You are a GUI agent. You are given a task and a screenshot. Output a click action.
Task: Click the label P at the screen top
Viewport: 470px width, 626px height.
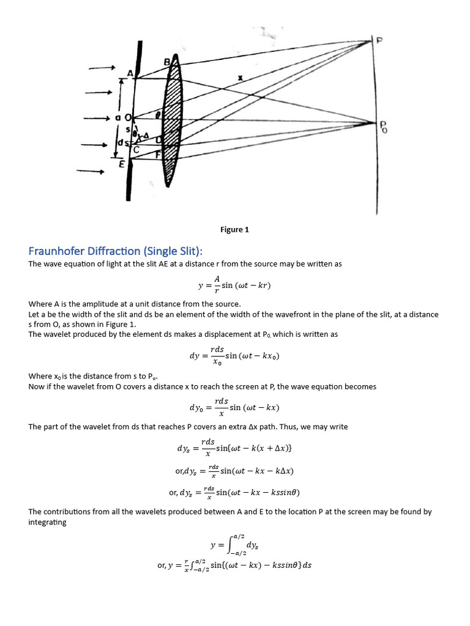[380, 41]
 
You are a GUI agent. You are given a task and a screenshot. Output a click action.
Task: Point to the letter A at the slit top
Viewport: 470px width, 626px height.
[129, 73]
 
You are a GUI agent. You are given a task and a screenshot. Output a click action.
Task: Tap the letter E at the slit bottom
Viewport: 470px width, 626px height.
[122, 164]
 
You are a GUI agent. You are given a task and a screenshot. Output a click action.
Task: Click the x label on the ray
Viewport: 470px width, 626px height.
[239, 78]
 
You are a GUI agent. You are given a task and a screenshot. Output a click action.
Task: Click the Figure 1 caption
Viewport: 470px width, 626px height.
[234, 230]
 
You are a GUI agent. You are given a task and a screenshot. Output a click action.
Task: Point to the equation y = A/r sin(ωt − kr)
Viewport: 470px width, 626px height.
[234, 284]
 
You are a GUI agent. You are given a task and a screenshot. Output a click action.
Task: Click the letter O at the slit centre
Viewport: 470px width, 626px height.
[128, 117]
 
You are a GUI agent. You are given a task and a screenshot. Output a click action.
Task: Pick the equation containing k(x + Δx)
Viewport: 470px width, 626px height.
[234, 448]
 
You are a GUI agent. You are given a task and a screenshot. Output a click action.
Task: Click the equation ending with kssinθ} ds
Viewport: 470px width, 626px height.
[234, 565]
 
